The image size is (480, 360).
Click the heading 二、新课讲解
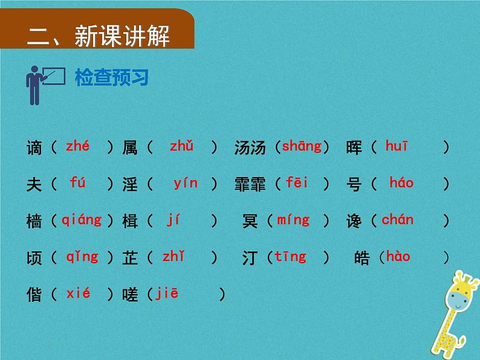[x=99, y=36]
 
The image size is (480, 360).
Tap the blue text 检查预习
[x=111, y=78]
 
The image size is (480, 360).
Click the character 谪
[x=35, y=147]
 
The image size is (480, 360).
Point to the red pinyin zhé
[x=77, y=146]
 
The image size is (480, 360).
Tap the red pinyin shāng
[x=302, y=146]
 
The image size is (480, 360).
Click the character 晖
[x=354, y=147]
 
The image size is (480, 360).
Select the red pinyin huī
[x=397, y=146]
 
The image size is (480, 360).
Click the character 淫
[x=131, y=184]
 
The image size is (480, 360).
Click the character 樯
[x=35, y=221]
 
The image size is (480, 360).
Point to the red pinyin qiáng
[x=82, y=220]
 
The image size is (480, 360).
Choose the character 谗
[x=354, y=221]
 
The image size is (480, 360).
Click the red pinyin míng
[x=293, y=220]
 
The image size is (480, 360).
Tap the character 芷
[x=131, y=258]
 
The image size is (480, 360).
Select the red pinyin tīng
[x=290, y=257]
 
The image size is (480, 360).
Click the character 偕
[x=35, y=295]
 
